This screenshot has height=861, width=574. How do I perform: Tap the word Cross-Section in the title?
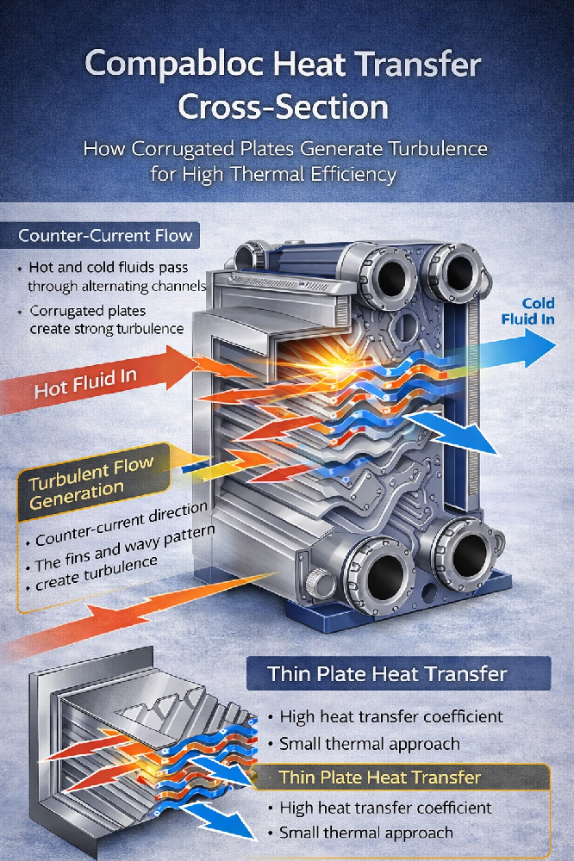[x=284, y=108]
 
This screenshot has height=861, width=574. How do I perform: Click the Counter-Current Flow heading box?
[x=105, y=236]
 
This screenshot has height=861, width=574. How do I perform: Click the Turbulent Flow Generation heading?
[x=90, y=485]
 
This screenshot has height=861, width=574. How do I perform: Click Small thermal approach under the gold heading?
[x=365, y=833]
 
